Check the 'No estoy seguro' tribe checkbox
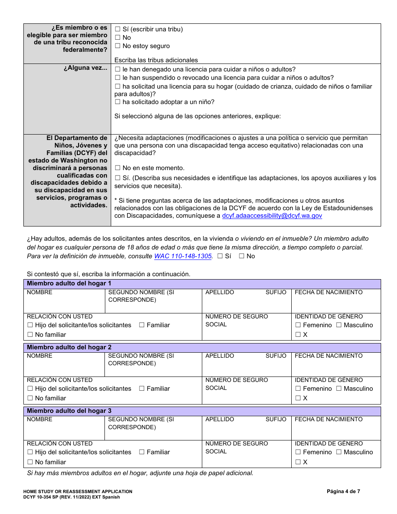pyautogui.click(x=117, y=46)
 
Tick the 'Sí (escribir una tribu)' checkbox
pyautogui.click(x=117, y=29)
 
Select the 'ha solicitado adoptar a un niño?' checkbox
pyautogui.click(x=117, y=102)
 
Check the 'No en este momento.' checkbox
pyautogui.click(x=117, y=168)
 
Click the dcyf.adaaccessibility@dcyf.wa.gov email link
pyautogui.click(x=272, y=216)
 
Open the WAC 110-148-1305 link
pyautogui.click(x=183, y=256)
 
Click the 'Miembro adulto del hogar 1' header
pyautogui.click(x=69, y=284)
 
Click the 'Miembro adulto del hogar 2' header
pyautogui.click(x=69, y=347)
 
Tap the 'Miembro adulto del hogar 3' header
pyautogui.click(x=69, y=411)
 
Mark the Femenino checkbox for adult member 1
pyautogui.click(x=298, y=325)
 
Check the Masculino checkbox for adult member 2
pyautogui.click(x=339, y=389)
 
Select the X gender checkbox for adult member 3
pyautogui.click(x=298, y=462)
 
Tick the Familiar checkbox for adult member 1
pyautogui.click(x=142, y=325)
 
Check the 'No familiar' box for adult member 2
pyautogui.click(x=30, y=398)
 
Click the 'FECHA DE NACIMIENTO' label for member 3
pyautogui.click(x=328, y=419)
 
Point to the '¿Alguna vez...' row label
pyautogui.click(x=85, y=69)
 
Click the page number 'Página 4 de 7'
pyautogui.click(x=343, y=491)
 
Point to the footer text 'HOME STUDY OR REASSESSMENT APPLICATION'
pyautogui.click(x=78, y=491)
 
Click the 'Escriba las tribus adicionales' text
pyautogui.click(x=156, y=60)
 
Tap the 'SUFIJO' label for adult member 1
pyautogui.click(x=276, y=292)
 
